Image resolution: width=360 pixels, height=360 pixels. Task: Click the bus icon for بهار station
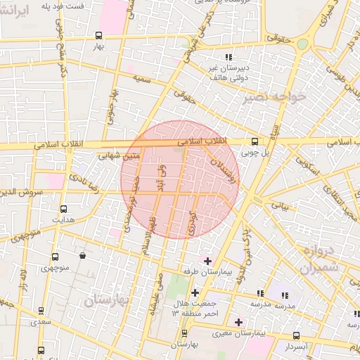click(98, 35)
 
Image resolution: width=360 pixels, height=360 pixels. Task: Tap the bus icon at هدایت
click(63, 209)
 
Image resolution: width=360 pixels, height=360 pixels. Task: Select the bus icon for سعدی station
click(41, 311)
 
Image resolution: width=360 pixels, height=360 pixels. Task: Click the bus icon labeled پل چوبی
click(255, 141)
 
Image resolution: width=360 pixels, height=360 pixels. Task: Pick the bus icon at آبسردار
click(296, 336)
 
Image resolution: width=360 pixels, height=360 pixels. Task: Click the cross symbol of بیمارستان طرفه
click(207, 261)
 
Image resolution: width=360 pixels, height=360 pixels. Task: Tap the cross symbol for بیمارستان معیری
click(239, 322)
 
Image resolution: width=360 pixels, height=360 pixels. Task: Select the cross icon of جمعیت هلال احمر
click(195, 292)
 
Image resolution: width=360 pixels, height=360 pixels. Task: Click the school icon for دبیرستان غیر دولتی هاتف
click(227, 58)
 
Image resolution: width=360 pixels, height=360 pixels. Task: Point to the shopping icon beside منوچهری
click(84, 256)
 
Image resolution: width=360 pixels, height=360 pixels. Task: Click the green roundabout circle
click(302, 44)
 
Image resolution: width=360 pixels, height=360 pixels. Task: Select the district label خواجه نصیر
click(275, 98)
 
